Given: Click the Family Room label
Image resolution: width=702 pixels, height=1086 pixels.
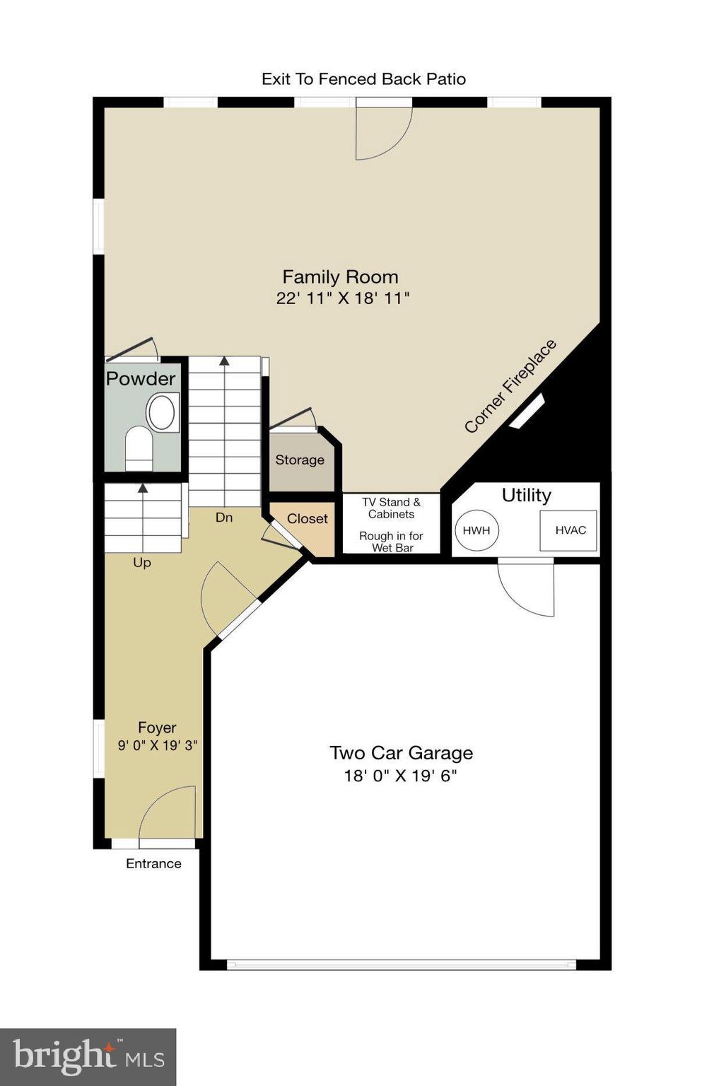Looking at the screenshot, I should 340,276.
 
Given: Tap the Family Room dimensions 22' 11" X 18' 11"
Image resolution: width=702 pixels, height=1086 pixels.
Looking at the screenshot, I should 343,298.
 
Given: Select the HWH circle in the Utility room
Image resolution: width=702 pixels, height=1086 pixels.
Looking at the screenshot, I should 476,530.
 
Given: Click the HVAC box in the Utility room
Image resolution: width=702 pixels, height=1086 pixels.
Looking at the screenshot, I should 569,530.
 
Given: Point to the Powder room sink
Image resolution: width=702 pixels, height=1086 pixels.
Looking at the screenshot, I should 162,412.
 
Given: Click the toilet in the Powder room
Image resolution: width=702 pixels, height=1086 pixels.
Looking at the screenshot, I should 139,447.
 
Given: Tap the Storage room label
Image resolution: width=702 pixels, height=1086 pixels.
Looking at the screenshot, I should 300,460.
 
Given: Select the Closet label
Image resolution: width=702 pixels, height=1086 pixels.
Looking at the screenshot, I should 307,519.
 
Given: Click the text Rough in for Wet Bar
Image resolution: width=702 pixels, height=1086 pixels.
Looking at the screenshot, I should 391,542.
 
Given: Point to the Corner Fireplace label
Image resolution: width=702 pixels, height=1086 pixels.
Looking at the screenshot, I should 510,386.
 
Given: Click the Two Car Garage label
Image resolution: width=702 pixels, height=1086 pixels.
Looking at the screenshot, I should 401,753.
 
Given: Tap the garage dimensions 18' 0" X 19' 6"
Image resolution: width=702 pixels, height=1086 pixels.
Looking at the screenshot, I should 400,776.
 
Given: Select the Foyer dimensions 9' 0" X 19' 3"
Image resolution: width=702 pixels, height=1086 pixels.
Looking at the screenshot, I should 157,745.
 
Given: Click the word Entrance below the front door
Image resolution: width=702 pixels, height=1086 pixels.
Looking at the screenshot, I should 153,863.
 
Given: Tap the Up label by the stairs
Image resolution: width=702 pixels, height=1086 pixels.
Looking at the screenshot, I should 142,563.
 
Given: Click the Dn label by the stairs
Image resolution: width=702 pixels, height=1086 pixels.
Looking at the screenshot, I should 223,518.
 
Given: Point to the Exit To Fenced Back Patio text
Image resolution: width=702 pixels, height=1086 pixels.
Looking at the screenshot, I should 363,79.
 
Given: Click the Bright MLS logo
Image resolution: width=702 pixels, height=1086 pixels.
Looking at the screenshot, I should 88,1057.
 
